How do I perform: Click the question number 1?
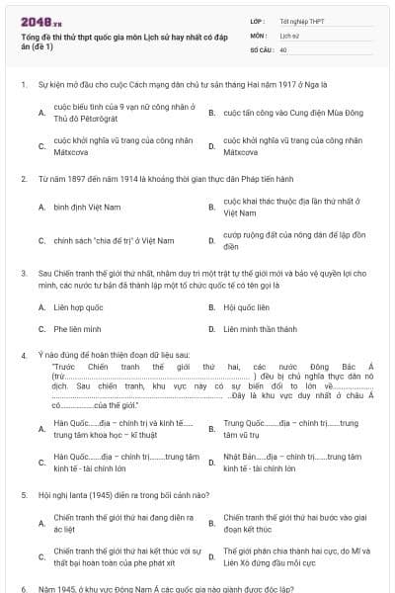[22, 85]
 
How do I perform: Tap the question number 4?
[22, 353]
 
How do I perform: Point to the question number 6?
[22, 588]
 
